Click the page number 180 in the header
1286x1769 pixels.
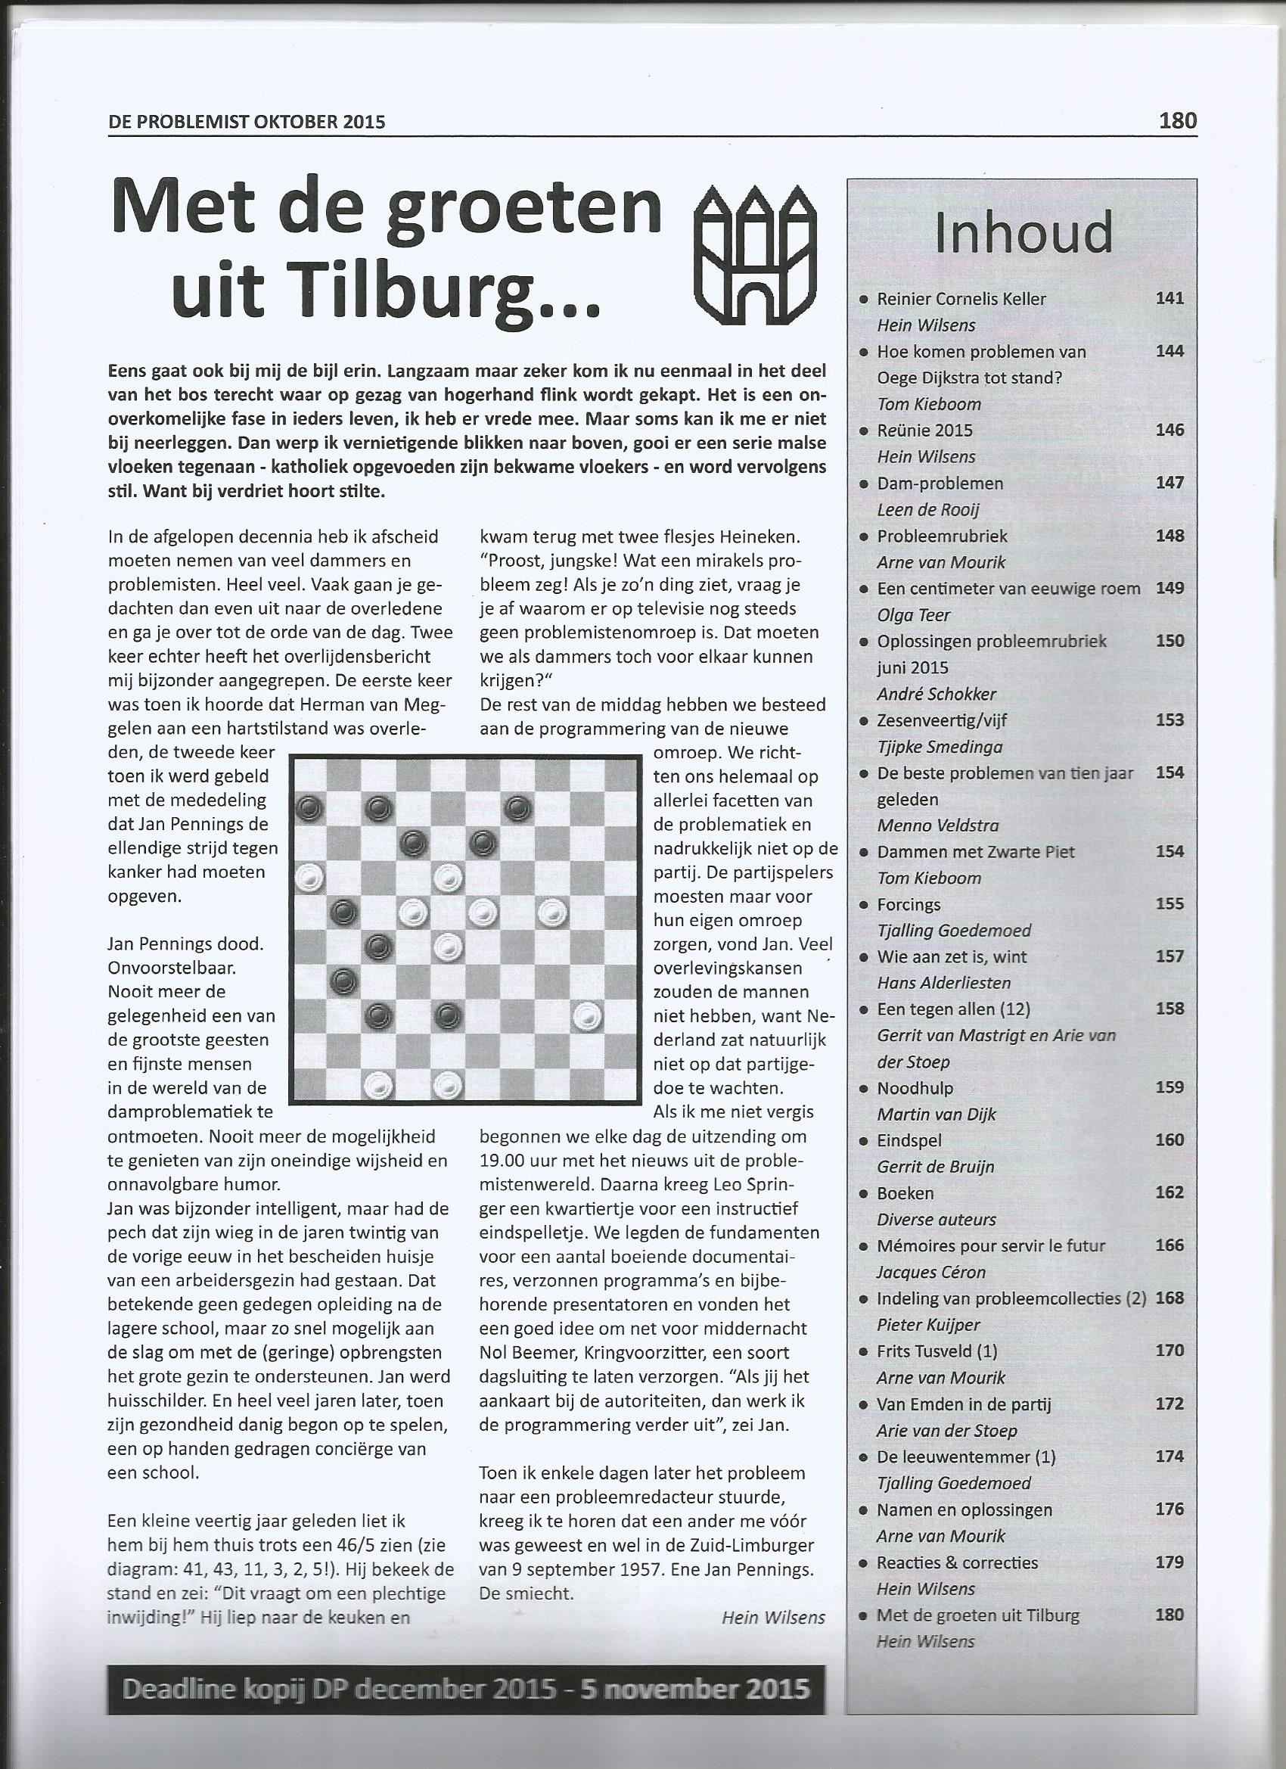click(x=1177, y=120)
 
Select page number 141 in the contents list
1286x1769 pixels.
click(x=1170, y=298)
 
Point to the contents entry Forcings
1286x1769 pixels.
click(x=909, y=904)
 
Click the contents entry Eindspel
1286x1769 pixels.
click(x=909, y=1140)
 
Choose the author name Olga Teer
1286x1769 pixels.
click(x=913, y=614)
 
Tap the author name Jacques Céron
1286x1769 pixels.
click(x=931, y=1271)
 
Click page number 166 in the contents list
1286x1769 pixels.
click(x=1170, y=1245)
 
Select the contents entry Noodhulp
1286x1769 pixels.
click(x=915, y=1087)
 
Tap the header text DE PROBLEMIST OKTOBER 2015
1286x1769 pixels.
click(x=247, y=122)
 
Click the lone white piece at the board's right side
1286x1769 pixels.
click(x=586, y=1015)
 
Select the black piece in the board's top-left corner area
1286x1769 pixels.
click(x=310, y=808)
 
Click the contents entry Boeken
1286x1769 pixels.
click(x=905, y=1192)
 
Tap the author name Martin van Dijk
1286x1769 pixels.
click(x=937, y=1114)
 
